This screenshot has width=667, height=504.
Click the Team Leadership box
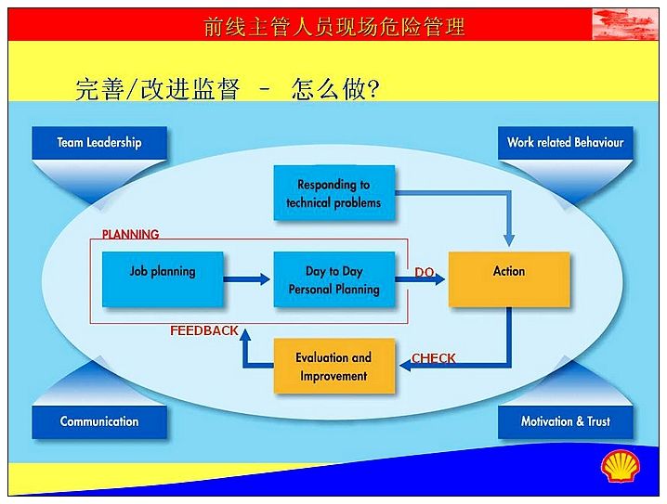(x=99, y=143)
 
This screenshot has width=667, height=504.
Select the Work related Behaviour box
(x=566, y=143)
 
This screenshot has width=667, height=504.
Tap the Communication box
(x=99, y=422)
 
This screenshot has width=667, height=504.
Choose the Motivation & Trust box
(x=566, y=422)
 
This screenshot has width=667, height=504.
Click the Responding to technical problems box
(x=334, y=193)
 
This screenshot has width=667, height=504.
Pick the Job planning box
(x=163, y=279)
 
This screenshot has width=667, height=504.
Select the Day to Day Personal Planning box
(x=334, y=279)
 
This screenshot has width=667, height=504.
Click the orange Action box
(x=509, y=279)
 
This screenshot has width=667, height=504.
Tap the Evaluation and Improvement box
(x=334, y=366)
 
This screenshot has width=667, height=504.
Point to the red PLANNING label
(x=130, y=234)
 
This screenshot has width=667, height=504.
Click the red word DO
(x=425, y=272)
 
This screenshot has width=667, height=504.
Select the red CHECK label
(x=434, y=358)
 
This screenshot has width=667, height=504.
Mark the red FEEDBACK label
(x=204, y=330)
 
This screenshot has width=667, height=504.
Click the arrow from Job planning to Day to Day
(x=247, y=279)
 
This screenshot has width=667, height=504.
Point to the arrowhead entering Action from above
(x=509, y=240)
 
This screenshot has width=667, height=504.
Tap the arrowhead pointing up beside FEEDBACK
(x=245, y=335)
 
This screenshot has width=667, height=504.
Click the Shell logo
(x=621, y=466)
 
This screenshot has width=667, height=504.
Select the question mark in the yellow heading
(x=373, y=89)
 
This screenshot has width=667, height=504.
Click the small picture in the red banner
(x=625, y=24)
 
